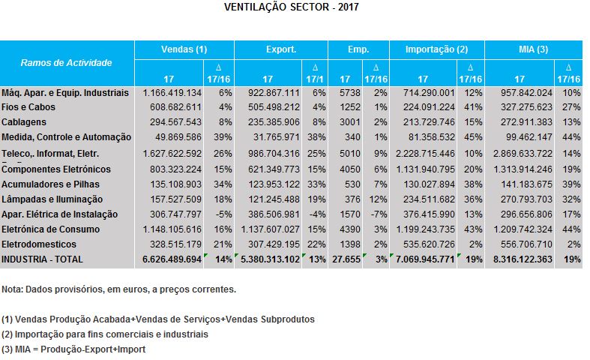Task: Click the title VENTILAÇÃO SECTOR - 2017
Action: coord(292,8)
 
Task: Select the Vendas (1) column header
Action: coord(184,49)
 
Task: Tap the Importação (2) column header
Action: coord(436,49)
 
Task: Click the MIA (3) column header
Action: coord(534,49)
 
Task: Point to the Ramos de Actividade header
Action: coord(67,63)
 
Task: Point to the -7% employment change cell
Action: coord(379,213)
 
